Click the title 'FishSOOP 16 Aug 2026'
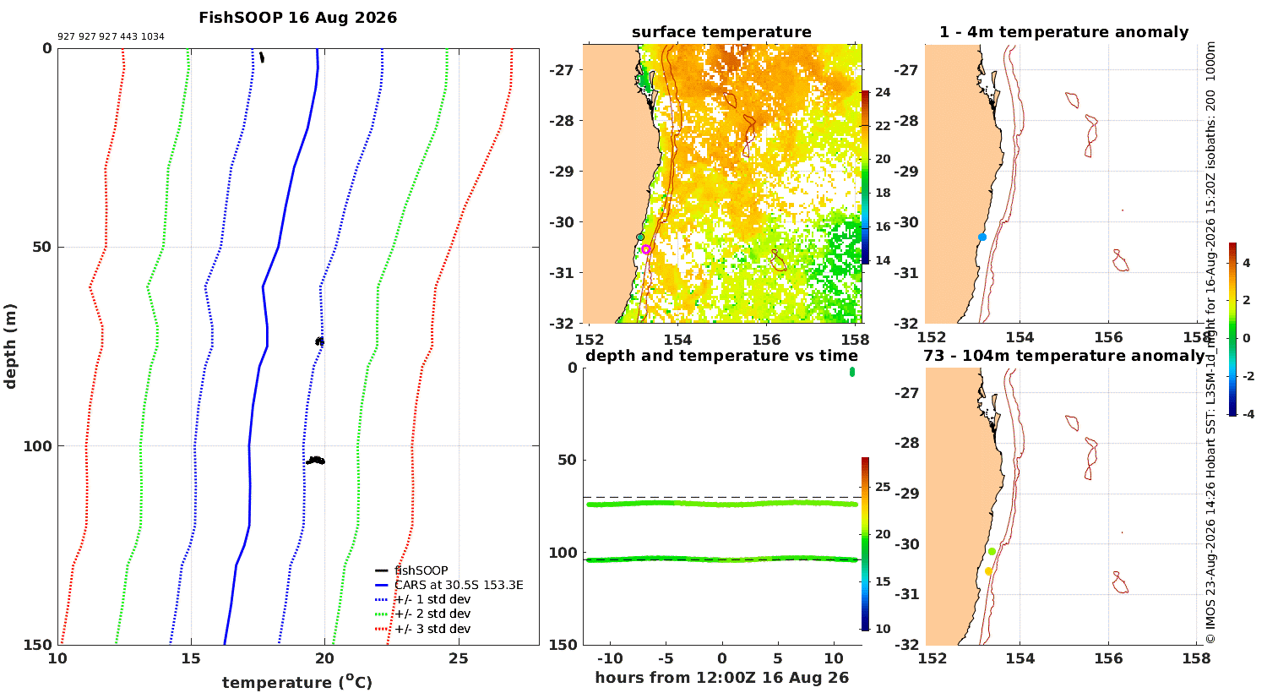297,18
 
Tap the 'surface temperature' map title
721,32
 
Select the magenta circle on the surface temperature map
646,249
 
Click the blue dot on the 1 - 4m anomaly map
982,237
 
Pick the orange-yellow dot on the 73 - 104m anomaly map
988,571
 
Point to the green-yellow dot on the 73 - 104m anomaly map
992,552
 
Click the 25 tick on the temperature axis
459,658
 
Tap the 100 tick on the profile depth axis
37,445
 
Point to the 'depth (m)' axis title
10,346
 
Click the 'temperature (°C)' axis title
297,682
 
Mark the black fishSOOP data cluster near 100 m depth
316,461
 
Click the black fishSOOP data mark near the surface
261,57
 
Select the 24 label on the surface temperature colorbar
883,92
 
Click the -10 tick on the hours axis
610,658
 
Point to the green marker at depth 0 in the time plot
851,372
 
